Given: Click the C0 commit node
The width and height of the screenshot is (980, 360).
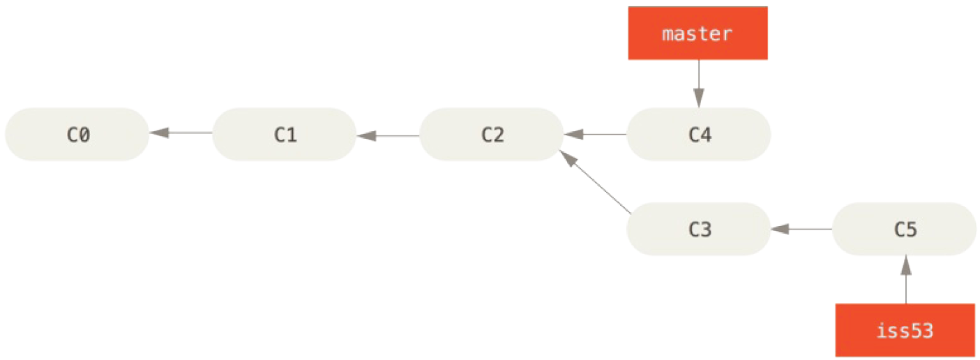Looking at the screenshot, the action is point(77,134).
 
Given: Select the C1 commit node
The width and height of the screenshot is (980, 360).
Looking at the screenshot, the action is point(284,134).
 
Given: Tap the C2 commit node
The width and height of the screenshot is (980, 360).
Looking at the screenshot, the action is point(491,134).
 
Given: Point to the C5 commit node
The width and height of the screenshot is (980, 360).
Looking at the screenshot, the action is point(905,229).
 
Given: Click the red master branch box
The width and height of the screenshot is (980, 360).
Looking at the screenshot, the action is point(698,33).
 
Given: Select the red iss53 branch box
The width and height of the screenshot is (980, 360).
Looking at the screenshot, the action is point(905,330).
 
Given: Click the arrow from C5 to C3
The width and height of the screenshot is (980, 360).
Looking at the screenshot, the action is point(801,229).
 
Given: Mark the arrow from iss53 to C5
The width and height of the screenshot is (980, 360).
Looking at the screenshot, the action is point(905,279).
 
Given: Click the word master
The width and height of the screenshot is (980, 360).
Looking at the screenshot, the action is point(698,33).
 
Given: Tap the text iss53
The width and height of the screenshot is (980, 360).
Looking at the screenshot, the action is point(905,330).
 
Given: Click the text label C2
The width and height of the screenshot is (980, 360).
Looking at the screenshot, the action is point(492,135).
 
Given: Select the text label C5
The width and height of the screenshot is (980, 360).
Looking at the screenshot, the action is point(905,230).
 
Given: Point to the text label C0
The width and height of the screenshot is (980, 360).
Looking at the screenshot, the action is point(78,135).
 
